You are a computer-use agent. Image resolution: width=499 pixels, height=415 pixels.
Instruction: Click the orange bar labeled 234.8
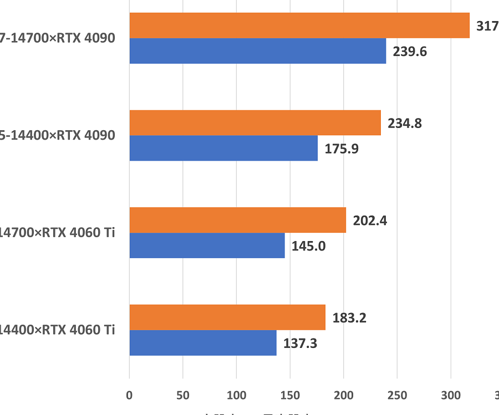pyautogui.click(x=255, y=122)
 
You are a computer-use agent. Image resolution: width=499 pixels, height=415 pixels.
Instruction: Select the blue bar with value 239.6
pyautogui.click(x=257, y=51)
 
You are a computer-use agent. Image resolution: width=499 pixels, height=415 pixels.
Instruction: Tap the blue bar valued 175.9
pyautogui.click(x=223, y=148)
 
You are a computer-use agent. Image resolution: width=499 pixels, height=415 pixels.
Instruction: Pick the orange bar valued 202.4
pyautogui.click(x=237, y=220)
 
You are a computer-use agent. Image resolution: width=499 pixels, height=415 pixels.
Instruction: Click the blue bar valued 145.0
pyautogui.click(x=207, y=245)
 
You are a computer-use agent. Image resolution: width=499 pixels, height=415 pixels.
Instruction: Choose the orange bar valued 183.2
pyautogui.click(x=227, y=317)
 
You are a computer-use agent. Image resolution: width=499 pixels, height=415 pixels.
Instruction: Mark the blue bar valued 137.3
pyautogui.click(x=202, y=343)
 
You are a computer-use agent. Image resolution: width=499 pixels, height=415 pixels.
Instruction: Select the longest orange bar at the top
pyautogui.click(x=299, y=25)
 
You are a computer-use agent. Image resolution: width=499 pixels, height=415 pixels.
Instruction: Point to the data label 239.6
pyautogui.click(x=410, y=52)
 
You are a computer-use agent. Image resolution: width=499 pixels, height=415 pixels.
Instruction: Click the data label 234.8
pyautogui.click(x=405, y=123)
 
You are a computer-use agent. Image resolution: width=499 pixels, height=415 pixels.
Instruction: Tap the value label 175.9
pyautogui.click(x=342, y=148)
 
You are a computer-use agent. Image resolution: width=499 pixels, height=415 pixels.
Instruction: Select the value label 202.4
pyautogui.click(x=370, y=221)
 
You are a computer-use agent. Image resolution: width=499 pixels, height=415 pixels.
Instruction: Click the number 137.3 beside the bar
pyautogui.click(x=300, y=344)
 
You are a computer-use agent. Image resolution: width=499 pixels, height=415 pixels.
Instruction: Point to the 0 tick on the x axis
pyautogui.click(x=129, y=395)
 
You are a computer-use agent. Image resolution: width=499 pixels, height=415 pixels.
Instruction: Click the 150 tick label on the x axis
pyautogui.click(x=290, y=395)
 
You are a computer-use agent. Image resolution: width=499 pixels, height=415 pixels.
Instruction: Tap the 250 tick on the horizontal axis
pyautogui.click(x=397, y=395)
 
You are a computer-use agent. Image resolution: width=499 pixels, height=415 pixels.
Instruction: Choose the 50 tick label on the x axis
pyautogui.click(x=183, y=395)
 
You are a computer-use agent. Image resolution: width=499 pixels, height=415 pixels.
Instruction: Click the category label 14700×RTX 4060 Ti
pyautogui.click(x=57, y=233)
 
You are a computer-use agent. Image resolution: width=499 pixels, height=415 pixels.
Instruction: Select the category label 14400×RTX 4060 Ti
pyautogui.click(x=57, y=330)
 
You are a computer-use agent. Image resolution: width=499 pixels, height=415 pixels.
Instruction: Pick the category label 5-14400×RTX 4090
pyautogui.click(x=57, y=135)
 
